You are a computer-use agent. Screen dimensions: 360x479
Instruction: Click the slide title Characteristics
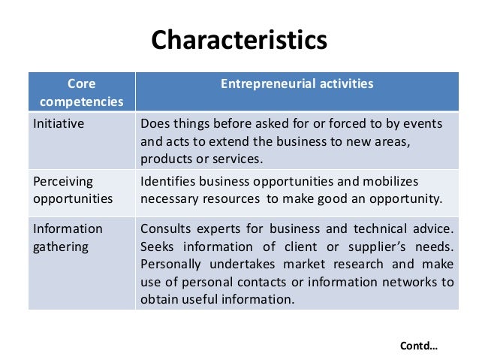click(239, 39)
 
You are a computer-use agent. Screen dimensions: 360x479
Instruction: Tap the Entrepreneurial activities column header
click(297, 84)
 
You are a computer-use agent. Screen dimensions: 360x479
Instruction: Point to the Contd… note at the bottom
click(419, 346)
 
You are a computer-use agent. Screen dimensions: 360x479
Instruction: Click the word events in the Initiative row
click(423, 123)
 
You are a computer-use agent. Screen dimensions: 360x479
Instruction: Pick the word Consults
click(164, 228)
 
